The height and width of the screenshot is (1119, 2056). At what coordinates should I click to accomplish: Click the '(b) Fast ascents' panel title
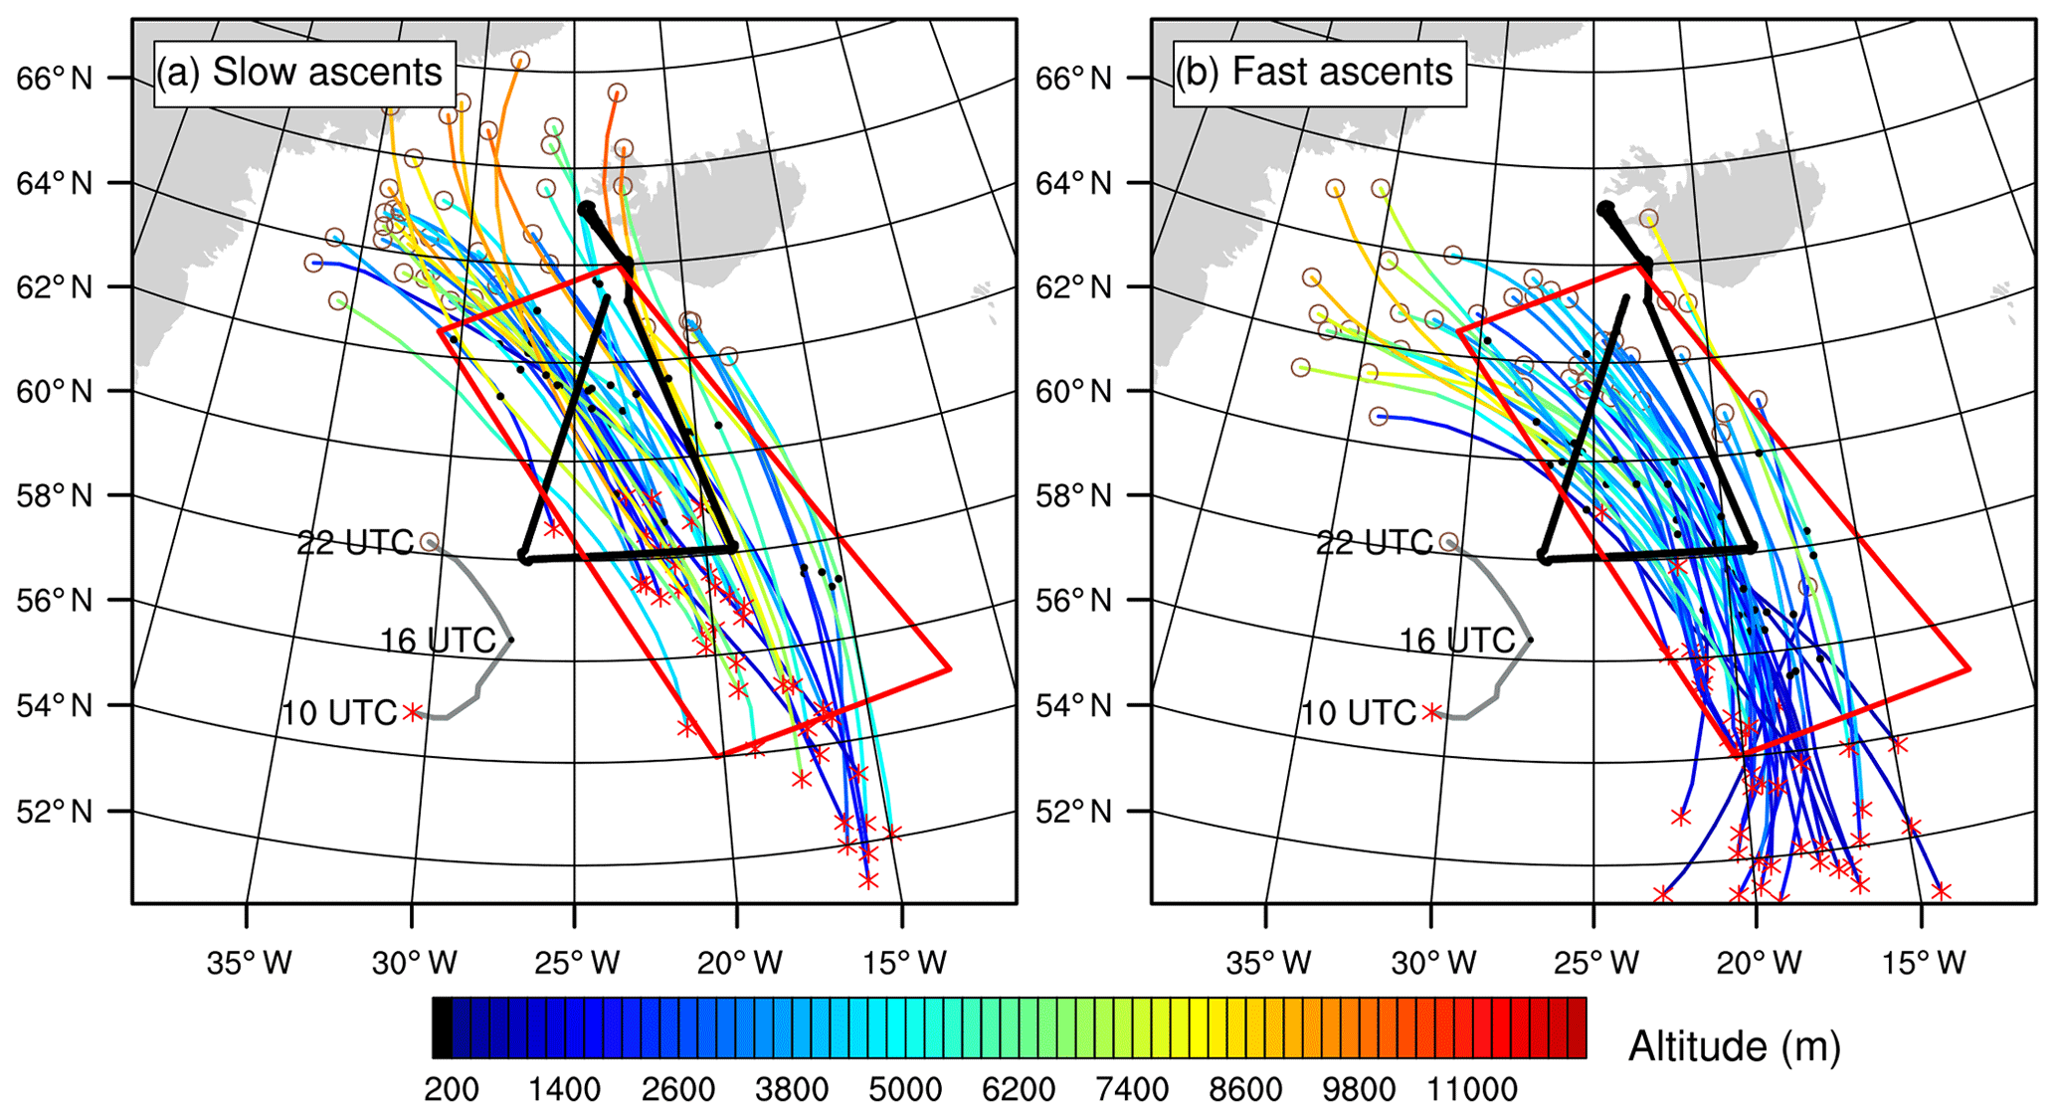coord(1319,73)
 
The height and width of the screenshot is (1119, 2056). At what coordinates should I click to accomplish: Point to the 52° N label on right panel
coord(1074,812)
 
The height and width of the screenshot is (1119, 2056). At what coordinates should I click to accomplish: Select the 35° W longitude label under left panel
coord(250,963)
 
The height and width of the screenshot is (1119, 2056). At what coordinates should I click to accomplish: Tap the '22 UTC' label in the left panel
coord(355,543)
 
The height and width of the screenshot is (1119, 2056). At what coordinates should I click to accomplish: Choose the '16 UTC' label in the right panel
coord(1457,641)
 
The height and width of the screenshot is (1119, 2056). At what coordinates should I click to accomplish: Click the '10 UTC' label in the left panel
coord(339,713)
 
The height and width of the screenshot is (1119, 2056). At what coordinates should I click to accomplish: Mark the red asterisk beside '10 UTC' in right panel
coord(1431,712)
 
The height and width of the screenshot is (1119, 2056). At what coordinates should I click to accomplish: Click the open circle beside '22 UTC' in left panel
coord(429,542)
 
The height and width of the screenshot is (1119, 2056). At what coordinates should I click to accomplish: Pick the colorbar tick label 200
coord(451,1090)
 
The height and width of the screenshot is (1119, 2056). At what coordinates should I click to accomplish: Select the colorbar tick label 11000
coord(1472,1090)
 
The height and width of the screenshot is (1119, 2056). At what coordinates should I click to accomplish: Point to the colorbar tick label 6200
coord(1018,1090)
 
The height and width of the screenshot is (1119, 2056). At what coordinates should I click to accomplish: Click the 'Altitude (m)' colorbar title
coord(1734,1046)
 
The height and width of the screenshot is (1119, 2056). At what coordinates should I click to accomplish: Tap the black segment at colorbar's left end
coord(442,1028)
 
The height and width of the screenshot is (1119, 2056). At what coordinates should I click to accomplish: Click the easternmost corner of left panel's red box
coord(950,668)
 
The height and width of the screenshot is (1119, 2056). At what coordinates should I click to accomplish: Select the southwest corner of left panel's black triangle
coord(525,557)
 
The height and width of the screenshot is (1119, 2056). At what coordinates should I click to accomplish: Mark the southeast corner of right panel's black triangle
coord(1752,547)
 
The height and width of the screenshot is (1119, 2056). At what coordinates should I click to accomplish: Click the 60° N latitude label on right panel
coord(1074,392)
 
